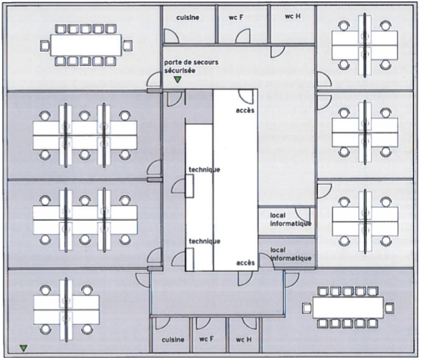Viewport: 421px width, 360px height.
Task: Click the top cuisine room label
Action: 187,17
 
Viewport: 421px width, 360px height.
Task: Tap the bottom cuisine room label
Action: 173,339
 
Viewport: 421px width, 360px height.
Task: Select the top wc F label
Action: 236,17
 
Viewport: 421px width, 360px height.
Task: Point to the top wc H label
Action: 293,15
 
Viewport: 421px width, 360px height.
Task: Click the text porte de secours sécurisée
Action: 191,67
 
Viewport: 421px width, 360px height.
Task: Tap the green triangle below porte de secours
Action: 177,80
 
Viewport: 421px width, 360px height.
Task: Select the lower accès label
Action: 245,262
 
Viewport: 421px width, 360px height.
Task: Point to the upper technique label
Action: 204,170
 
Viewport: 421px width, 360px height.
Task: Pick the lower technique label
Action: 204,240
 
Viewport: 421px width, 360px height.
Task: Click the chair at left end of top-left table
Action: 45,46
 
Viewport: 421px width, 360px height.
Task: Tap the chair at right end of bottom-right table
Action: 389,307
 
